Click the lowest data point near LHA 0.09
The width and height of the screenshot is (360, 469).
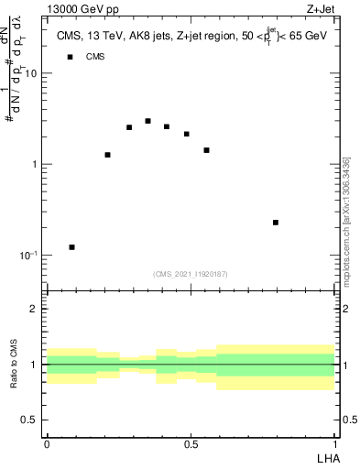(72, 247)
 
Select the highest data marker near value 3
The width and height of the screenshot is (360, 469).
(147, 121)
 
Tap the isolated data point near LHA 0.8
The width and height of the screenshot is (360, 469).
(276, 223)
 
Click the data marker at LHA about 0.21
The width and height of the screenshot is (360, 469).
(108, 155)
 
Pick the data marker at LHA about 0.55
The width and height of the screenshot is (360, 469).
(207, 150)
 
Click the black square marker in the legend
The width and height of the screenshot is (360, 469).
(70, 57)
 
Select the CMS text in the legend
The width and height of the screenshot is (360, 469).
(94, 57)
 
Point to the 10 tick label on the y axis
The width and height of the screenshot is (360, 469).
(30, 74)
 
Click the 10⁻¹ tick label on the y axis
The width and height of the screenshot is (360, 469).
(27, 255)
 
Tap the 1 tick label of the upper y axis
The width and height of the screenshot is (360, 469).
(33, 165)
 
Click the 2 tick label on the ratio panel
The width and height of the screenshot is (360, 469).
(33, 309)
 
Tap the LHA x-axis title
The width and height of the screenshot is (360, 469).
(327, 457)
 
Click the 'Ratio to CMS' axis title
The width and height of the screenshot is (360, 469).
(15, 364)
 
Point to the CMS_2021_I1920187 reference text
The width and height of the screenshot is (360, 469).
(191, 273)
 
